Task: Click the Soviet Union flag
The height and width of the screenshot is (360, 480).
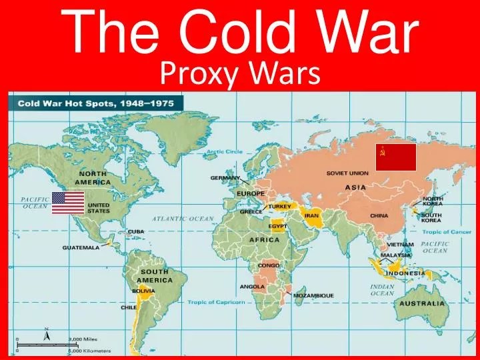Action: pos(396,157)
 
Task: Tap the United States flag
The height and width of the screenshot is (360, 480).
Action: pos(68,203)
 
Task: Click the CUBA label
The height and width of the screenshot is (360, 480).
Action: pos(136,232)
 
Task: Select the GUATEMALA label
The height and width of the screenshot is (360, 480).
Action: pos(81,247)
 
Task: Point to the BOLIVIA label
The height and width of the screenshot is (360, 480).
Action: pos(143,291)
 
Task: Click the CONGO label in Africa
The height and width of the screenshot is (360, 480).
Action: pos(269,265)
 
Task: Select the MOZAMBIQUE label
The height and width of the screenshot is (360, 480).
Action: pos(313,295)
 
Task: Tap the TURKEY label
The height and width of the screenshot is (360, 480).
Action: pos(280,206)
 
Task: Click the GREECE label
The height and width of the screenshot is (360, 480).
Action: pos(251,211)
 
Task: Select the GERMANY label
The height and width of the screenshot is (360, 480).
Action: pos(225,178)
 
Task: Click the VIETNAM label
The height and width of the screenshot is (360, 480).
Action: pos(401,245)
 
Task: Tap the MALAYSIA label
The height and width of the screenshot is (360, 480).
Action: pos(396,255)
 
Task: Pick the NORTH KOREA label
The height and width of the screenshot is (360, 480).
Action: pos(432,202)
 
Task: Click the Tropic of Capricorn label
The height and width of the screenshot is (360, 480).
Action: pos(216,303)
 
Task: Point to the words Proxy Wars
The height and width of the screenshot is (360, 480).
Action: pos(241,74)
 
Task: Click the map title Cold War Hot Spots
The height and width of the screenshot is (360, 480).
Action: pos(97,104)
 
